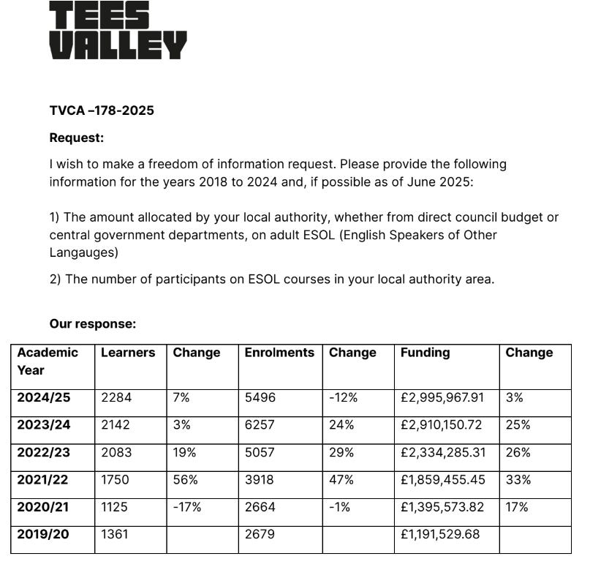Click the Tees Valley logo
(118, 31)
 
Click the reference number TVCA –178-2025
(102, 110)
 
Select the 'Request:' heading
(77, 138)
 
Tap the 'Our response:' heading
(93, 324)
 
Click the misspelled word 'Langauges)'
(83, 252)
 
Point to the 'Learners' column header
(128, 353)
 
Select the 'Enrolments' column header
(279, 353)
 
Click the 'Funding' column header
(425, 353)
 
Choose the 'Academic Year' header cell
(48, 361)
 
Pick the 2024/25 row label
(44, 398)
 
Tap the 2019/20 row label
(43, 534)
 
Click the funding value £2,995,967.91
(442, 398)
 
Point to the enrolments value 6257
(260, 425)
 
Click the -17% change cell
(186, 507)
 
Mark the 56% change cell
(184, 480)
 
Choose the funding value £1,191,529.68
(440, 534)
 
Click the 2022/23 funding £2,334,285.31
(443, 452)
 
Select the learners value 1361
(114, 534)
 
